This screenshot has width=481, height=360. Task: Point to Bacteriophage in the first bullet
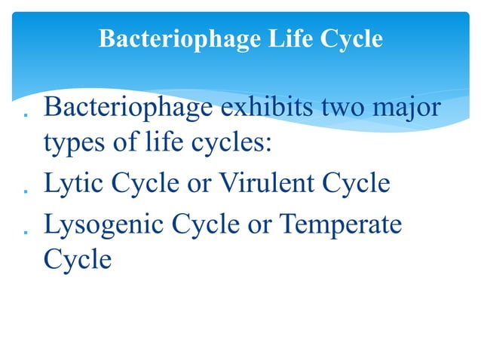click(126, 108)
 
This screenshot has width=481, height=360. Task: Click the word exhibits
click(264, 108)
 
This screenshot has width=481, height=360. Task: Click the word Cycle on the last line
click(78, 260)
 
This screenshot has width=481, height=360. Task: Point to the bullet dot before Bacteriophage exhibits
click(26, 114)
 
